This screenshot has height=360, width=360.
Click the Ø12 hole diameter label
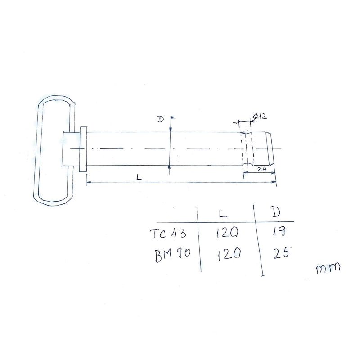[x=260, y=117]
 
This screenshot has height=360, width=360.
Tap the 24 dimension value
[x=262, y=170]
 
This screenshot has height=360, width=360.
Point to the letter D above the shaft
[x=160, y=119]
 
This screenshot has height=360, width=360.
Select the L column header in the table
[x=222, y=213]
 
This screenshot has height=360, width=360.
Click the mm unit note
[x=328, y=269]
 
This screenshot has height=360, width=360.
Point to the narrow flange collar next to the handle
[x=83, y=149]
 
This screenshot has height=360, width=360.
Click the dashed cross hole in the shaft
[x=247, y=149]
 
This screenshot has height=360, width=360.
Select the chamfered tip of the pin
[x=270, y=149]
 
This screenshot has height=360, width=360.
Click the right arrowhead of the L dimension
[x=274, y=182]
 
